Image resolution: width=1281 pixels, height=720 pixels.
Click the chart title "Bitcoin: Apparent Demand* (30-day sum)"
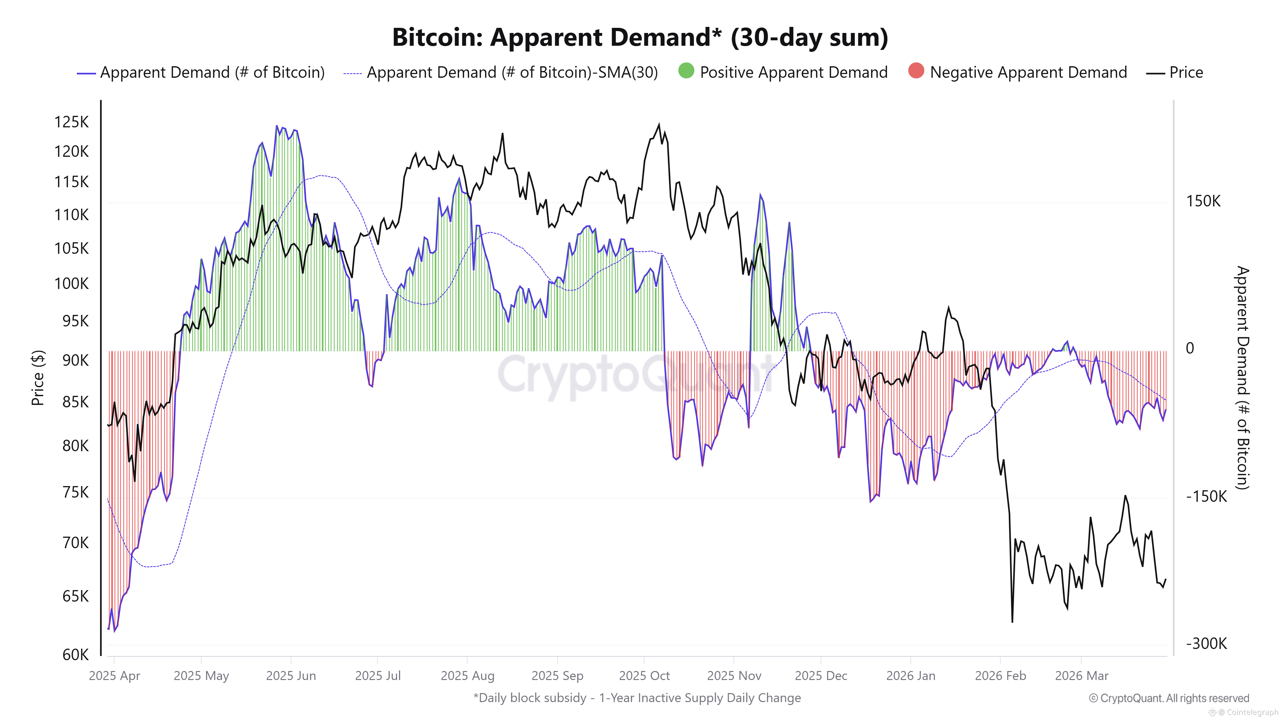[x=640, y=37]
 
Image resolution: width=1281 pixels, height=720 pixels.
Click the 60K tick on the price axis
[x=75, y=654]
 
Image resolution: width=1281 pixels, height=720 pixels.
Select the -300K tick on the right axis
[x=1206, y=644]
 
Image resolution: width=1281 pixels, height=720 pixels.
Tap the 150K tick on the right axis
[x=1203, y=201]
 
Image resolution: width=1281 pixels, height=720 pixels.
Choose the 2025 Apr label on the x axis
[x=114, y=676]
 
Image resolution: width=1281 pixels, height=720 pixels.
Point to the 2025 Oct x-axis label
[x=644, y=676]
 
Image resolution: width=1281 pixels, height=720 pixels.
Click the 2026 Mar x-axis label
[x=1081, y=676]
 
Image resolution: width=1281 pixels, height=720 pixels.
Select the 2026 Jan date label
[x=910, y=676]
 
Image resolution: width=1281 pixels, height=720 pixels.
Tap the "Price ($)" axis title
[x=38, y=378]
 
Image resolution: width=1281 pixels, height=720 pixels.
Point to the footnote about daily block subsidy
[x=637, y=698]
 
